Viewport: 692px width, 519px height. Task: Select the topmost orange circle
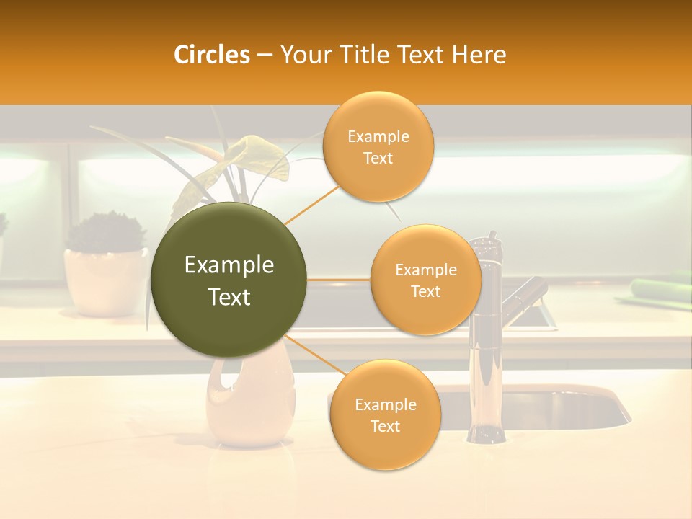click(x=378, y=146)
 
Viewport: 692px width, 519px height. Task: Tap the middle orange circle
click(x=425, y=280)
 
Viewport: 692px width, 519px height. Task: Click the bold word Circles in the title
click(x=212, y=55)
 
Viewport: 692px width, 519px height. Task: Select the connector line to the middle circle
click(x=339, y=279)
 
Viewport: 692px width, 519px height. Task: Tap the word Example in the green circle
click(x=229, y=265)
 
